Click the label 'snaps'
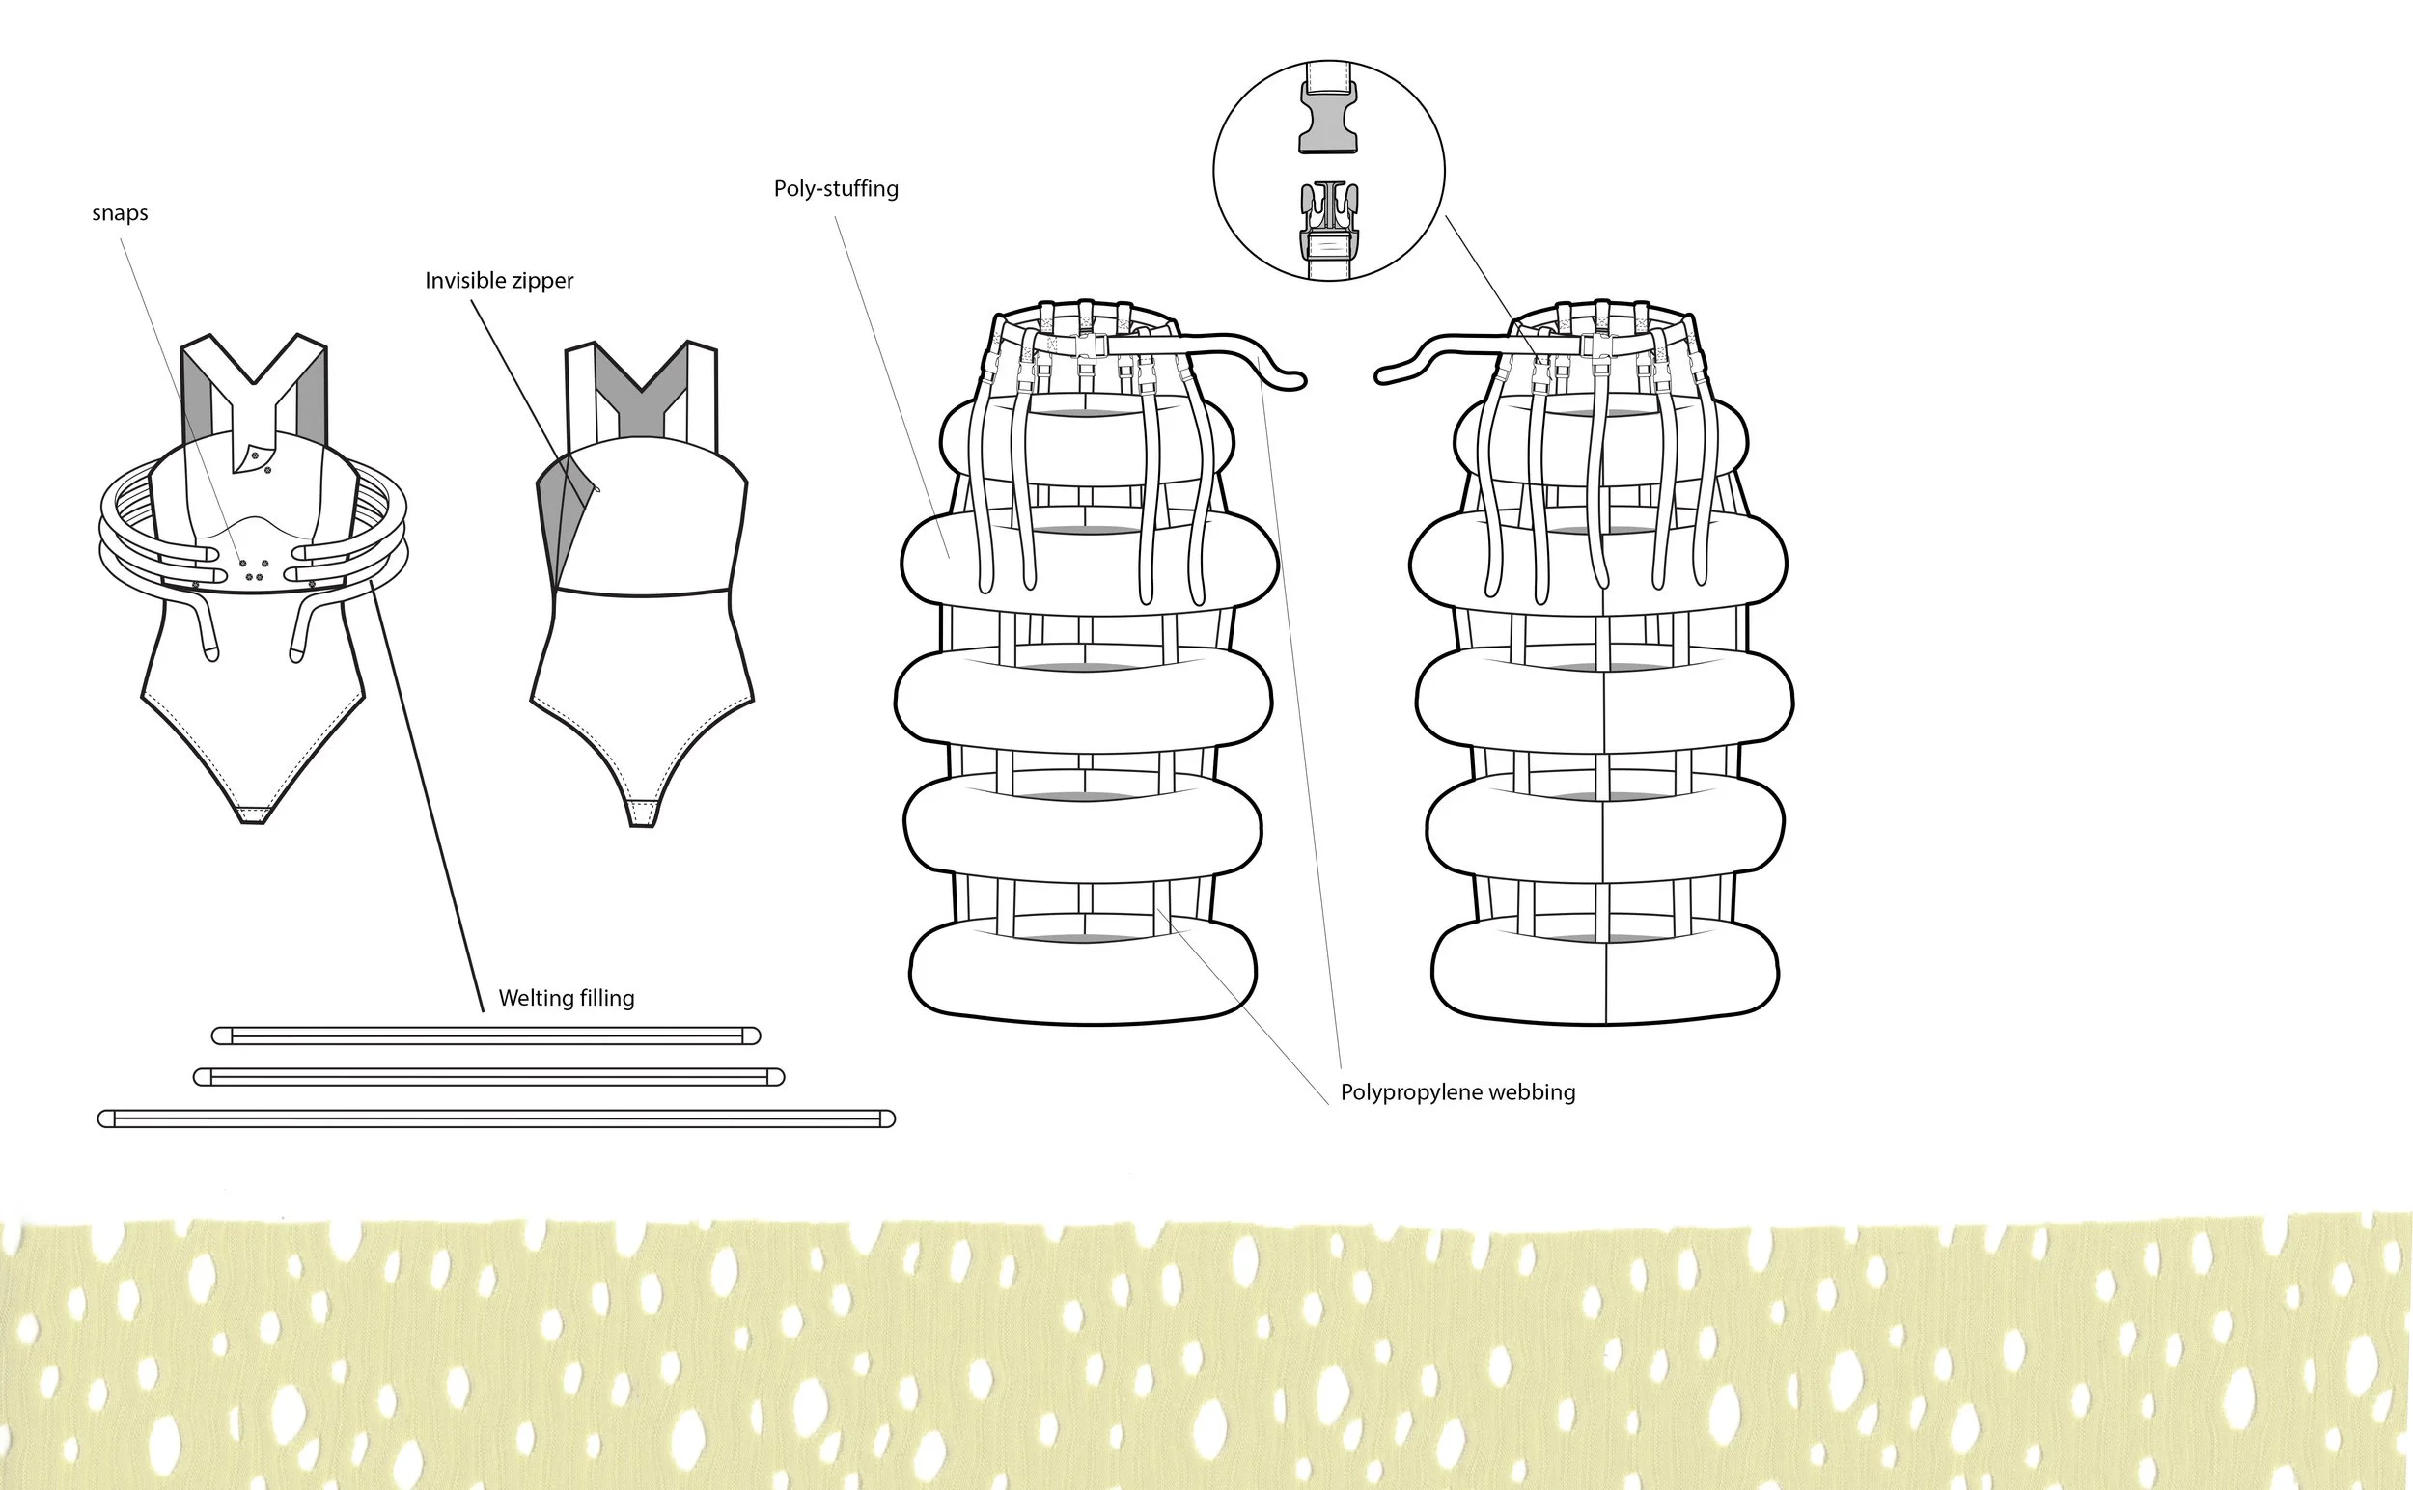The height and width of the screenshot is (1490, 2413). [120, 214]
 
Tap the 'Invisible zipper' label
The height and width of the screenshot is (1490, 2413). [499, 281]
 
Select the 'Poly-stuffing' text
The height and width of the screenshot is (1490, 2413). [836, 188]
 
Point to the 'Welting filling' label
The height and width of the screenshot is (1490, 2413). [566, 998]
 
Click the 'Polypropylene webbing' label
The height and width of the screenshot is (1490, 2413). [1457, 1092]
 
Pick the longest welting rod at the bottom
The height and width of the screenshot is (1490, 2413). [497, 1118]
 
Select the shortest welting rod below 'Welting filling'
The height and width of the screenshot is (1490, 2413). [485, 1035]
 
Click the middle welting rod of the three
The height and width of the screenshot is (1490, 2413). [489, 1077]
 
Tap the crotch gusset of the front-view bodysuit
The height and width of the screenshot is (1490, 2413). [253, 815]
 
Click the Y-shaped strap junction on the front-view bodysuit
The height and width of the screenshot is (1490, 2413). [254, 404]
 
